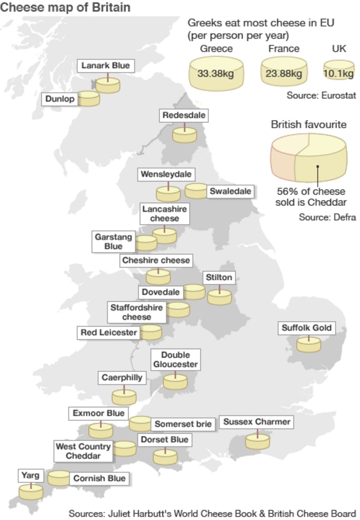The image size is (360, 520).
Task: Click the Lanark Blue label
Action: point(105,66)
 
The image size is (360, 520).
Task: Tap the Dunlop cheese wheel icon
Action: point(89,99)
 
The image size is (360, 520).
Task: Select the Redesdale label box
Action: point(184,115)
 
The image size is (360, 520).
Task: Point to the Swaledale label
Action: point(230,191)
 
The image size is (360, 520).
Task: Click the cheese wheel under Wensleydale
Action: point(168,193)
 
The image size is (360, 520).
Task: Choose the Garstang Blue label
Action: point(113,242)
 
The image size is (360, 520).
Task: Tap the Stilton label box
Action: point(219,278)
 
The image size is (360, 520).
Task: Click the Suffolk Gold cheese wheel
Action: point(309,344)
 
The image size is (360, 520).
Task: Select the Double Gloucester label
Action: point(176,359)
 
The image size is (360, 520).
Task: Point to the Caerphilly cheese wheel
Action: point(124,397)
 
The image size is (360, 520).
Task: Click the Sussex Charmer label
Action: point(257,422)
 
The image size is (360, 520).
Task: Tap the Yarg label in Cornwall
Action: point(30,475)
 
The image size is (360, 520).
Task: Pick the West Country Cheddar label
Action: point(83,451)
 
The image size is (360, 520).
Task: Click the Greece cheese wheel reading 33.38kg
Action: point(216,73)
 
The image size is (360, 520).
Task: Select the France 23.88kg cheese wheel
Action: point(284,72)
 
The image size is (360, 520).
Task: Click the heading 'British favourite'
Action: point(309,125)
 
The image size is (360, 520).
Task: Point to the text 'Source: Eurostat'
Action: point(321,95)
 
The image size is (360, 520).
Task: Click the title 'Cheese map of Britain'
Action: point(65,7)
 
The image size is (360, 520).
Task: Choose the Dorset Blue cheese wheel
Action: point(165,456)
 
